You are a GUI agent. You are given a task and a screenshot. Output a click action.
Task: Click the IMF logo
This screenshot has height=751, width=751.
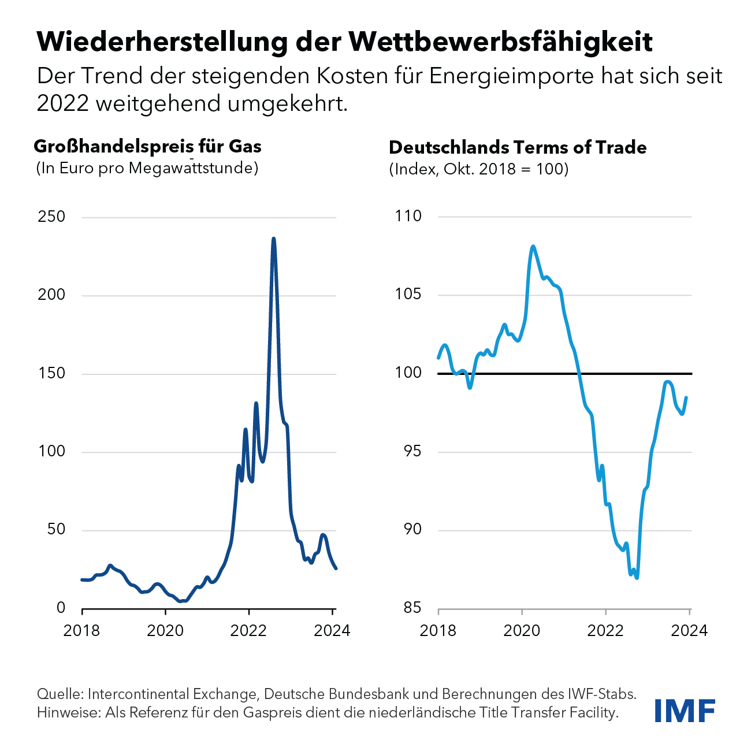(x=685, y=711)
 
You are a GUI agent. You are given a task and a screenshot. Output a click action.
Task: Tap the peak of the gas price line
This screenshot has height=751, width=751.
(x=273, y=239)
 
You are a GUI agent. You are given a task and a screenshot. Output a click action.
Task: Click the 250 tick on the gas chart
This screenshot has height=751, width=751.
(x=51, y=217)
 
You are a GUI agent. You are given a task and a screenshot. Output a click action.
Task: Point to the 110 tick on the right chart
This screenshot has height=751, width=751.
(x=408, y=217)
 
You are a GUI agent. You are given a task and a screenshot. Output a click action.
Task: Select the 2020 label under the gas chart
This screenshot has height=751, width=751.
(x=165, y=630)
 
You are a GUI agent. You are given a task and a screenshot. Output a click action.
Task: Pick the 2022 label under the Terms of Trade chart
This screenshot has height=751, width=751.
(x=605, y=630)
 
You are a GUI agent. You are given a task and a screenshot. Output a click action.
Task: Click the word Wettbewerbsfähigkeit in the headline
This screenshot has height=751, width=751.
(x=501, y=42)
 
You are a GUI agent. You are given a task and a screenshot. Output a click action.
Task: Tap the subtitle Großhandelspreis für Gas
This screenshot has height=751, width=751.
(x=148, y=147)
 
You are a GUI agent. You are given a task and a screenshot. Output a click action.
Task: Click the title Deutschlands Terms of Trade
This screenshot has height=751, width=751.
(x=518, y=148)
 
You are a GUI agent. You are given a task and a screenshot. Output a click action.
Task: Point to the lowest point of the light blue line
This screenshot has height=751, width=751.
(x=637, y=577)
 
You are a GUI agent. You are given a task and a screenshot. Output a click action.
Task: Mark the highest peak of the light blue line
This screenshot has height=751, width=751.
(x=533, y=247)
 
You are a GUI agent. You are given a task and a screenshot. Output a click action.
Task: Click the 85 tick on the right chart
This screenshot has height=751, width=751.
(x=412, y=608)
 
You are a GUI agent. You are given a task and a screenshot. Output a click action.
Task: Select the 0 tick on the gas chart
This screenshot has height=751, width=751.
(x=61, y=608)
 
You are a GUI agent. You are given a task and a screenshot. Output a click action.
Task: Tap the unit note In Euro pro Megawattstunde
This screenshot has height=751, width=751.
(x=147, y=168)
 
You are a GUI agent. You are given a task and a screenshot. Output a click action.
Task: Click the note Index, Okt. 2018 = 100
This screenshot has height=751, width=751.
(x=479, y=169)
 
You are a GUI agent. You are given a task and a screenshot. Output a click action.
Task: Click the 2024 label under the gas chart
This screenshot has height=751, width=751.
(x=332, y=630)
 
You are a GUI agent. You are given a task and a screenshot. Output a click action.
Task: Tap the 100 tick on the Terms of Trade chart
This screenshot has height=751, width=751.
(x=408, y=373)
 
